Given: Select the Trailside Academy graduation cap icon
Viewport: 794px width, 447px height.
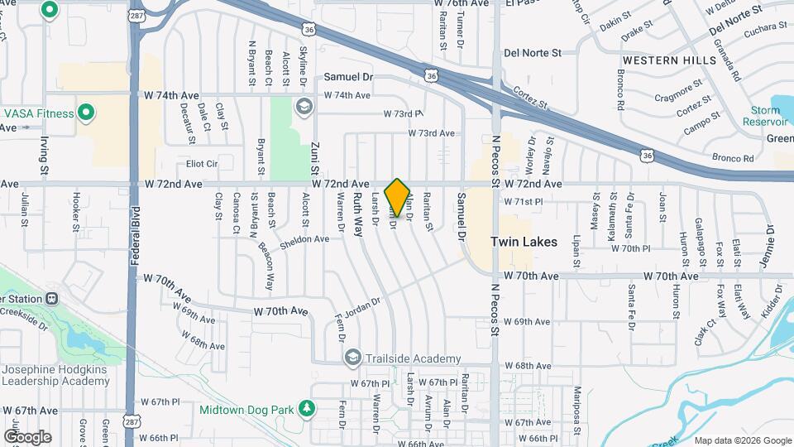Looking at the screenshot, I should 353,358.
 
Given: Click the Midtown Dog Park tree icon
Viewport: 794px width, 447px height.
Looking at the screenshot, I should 307,409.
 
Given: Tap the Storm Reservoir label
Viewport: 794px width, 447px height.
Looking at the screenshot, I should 765,116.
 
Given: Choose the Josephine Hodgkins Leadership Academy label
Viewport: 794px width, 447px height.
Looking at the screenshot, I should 55,375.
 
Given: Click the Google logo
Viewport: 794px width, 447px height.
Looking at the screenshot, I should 27,436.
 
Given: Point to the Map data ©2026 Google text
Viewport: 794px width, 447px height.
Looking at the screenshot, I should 742,440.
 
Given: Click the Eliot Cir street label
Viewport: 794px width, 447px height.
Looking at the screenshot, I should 201,164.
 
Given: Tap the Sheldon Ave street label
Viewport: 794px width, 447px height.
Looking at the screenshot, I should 305,238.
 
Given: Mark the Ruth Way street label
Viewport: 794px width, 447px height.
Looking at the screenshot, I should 358,214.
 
